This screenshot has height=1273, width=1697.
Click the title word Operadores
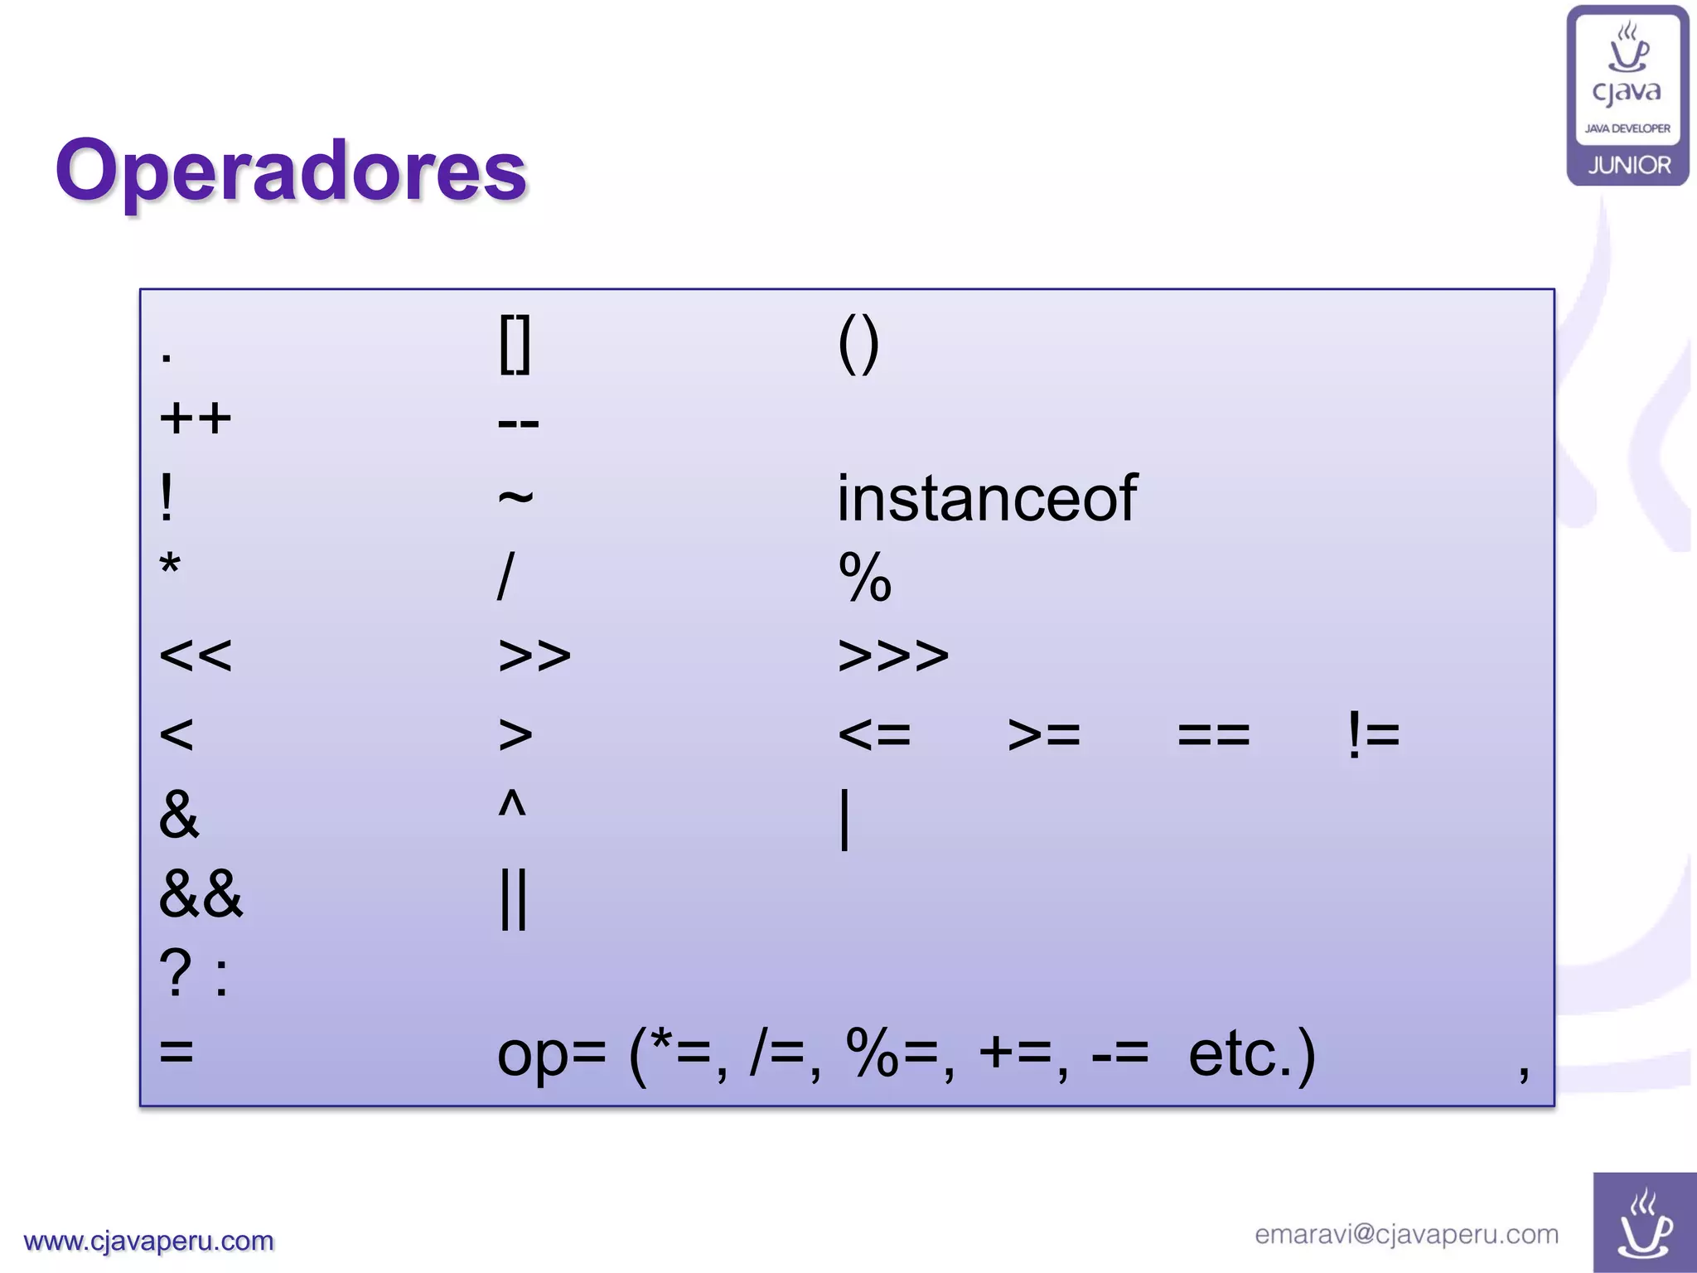pos(291,171)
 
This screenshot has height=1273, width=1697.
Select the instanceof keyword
pos(986,499)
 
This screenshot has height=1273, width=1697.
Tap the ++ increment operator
pos(196,419)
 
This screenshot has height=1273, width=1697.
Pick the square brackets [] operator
pos(515,345)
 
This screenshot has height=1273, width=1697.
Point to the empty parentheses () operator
pos(858,345)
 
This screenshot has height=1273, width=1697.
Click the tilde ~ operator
pos(515,497)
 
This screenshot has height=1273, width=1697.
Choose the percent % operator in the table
pos(865,577)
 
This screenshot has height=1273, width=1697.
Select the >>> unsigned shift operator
pos(893,656)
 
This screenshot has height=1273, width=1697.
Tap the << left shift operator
pos(196,656)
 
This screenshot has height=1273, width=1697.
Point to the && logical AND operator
pos(201,894)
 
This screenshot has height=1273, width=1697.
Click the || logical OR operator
pos(514,899)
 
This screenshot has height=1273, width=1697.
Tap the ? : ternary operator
pos(194,974)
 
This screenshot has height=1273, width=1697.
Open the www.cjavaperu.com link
pos(149,1241)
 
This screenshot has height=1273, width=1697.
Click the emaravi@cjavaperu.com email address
pos(1406,1234)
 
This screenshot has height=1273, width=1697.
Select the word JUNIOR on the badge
pos(1629,165)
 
